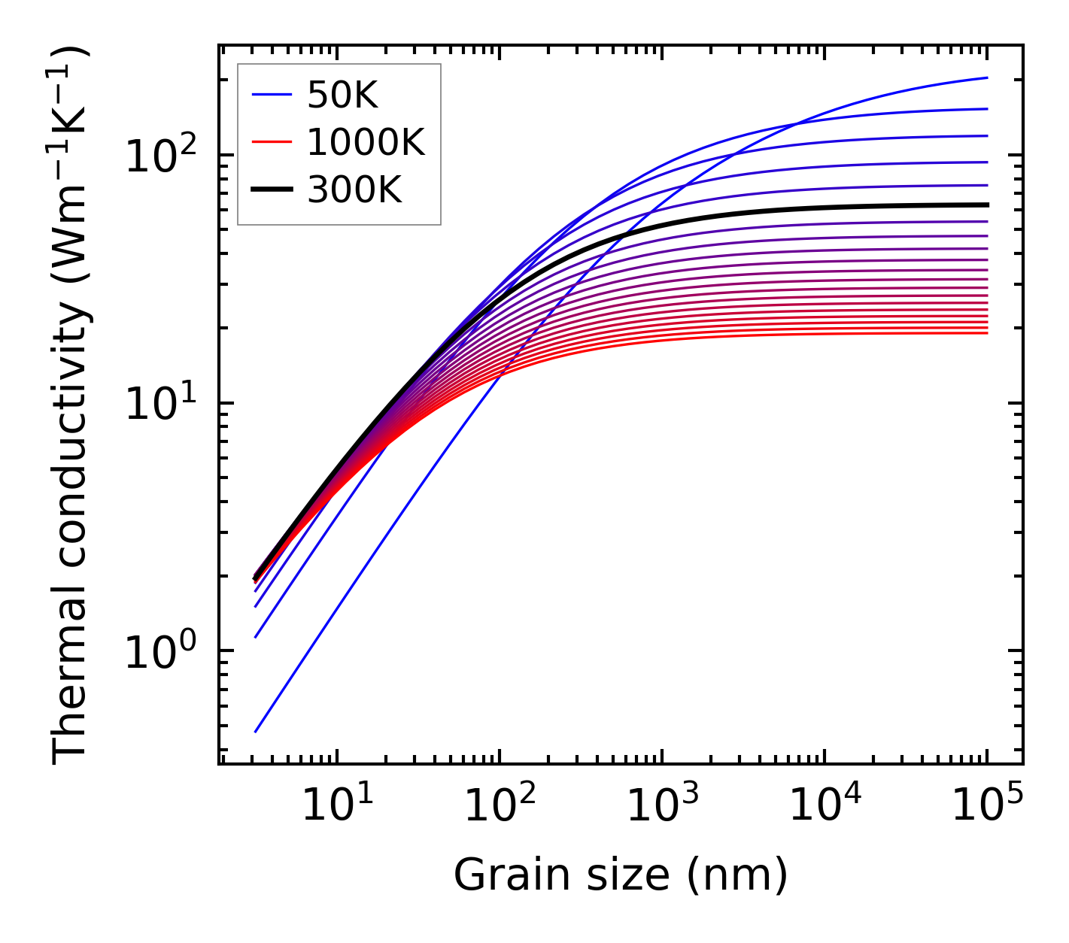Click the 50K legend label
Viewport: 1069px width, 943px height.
(342, 95)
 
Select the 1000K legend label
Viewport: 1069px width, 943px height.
(366, 142)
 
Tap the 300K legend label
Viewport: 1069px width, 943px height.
(355, 190)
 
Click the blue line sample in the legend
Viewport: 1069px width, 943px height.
(271, 95)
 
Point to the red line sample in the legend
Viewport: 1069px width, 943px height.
(271, 142)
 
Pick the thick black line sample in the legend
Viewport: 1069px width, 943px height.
(271, 190)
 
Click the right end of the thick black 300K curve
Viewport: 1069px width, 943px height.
(986, 205)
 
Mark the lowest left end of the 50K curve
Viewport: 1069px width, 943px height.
(256, 731)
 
